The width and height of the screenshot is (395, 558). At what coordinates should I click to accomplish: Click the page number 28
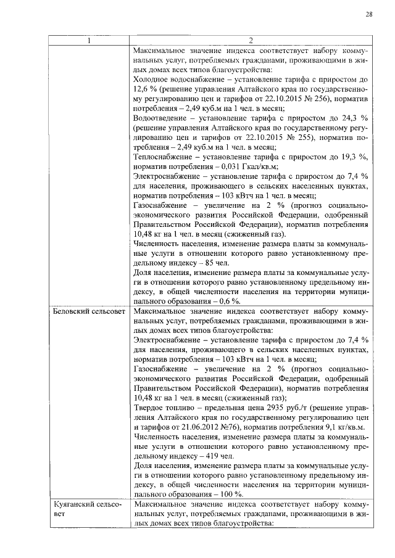369,14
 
